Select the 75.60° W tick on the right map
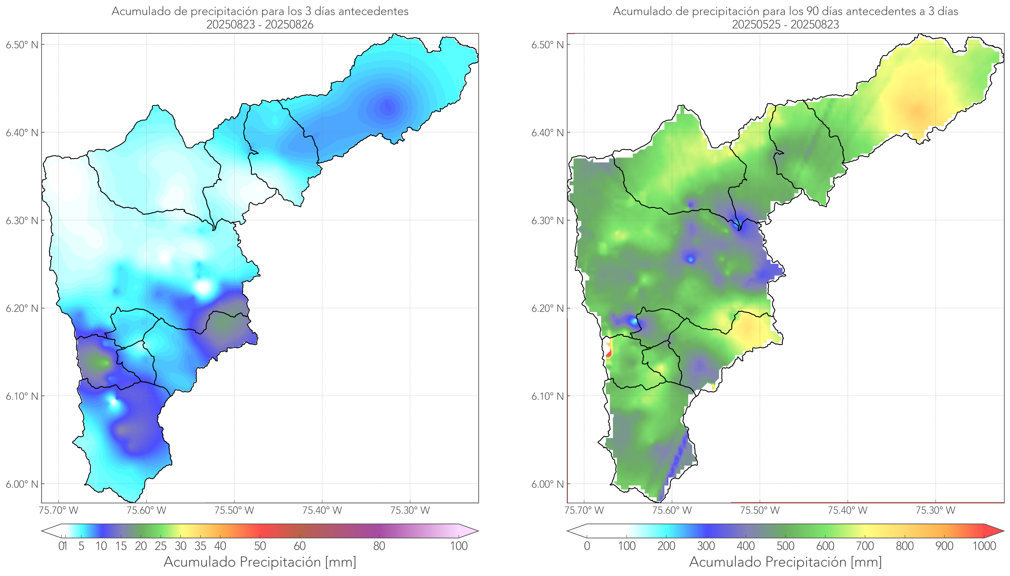click(x=672, y=510)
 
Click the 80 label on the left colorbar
click(x=379, y=546)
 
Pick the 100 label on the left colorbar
click(x=459, y=546)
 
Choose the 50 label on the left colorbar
click(x=260, y=546)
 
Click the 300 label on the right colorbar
click(x=706, y=546)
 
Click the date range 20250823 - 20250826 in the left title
click(x=260, y=24)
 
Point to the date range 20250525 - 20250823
click(x=785, y=24)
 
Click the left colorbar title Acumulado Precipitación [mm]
click(x=260, y=562)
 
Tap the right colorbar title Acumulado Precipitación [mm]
click(x=785, y=562)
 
